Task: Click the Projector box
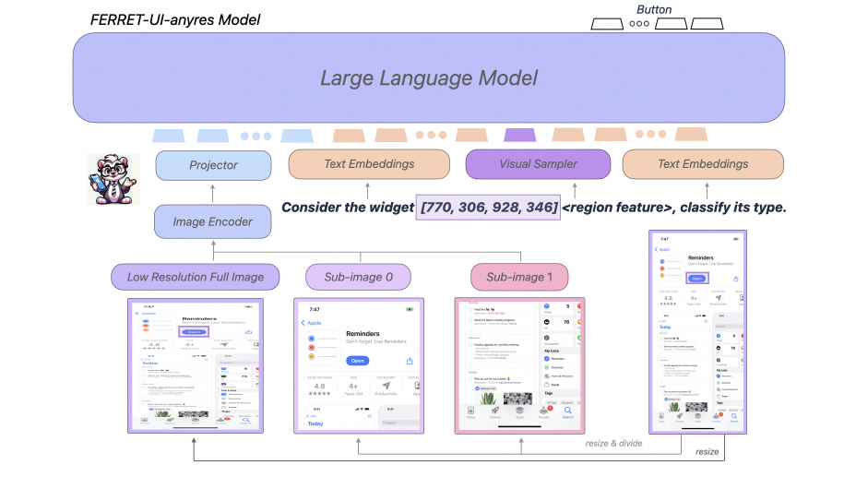(x=213, y=165)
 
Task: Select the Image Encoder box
(x=213, y=221)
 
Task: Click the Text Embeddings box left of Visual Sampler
(x=369, y=164)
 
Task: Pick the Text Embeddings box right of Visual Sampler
(x=703, y=164)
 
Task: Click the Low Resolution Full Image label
(x=196, y=276)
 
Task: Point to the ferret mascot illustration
(x=111, y=178)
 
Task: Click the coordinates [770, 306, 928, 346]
(x=490, y=208)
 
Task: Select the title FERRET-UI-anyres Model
(x=175, y=18)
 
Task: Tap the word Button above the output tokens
(x=654, y=9)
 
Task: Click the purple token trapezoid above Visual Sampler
(x=519, y=135)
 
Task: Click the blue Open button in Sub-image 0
(x=357, y=361)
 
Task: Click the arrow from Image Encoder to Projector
(x=213, y=194)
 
